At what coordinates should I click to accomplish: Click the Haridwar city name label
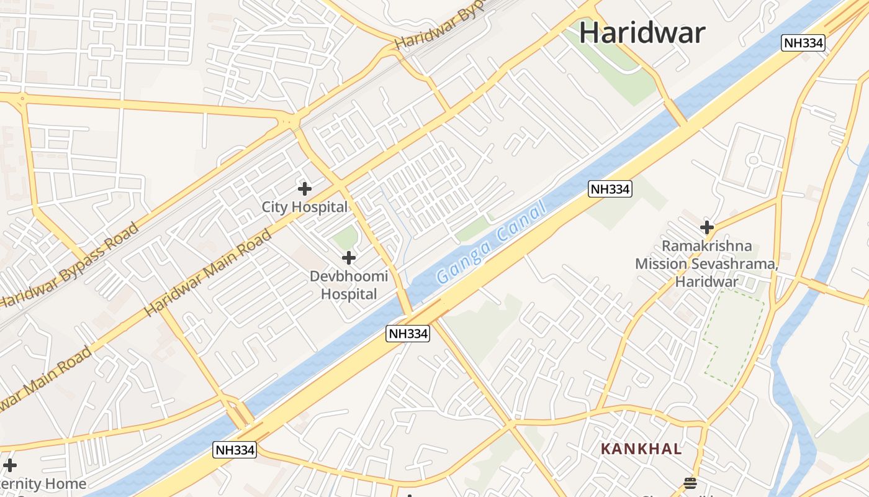[x=642, y=33]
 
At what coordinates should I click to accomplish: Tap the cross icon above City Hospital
[x=304, y=188]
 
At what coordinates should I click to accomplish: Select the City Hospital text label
[x=304, y=207]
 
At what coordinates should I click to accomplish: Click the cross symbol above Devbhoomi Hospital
[x=349, y=257]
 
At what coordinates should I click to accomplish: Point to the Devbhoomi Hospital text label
[x=349, y=285]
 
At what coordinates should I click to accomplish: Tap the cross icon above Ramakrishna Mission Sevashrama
[x=706, y=227]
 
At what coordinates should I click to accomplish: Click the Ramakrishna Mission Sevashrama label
[x=706, y=263]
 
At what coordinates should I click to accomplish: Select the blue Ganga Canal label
[x=490, y=242]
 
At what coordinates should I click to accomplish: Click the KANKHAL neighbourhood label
[x=641, y=449]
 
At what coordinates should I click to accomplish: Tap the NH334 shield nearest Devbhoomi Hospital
[x=408, y=334]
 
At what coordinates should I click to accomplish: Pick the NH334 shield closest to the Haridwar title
[x=803, y=43]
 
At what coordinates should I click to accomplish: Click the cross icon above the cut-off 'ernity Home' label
[x=10, y=465]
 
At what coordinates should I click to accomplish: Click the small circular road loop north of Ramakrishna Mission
[x=754, y=160]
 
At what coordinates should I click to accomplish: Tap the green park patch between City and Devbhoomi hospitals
[x=345, y=237]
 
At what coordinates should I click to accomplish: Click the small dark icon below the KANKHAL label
[x=690, y=483]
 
